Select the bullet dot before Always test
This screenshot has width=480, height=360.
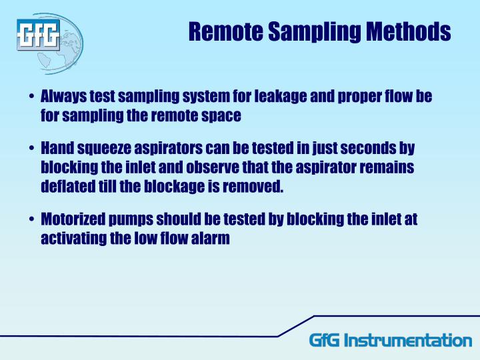pyautogui.click(x=31, y=97)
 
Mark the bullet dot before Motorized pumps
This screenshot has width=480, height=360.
pyautogui.click(x=31, y=220)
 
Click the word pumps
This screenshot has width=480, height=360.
pyautogui.click(x=134, y=219)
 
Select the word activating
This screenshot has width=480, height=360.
pyautogui.click(x=73, y=237)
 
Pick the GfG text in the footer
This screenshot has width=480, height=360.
pyautogui.click(x=325, y=340)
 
